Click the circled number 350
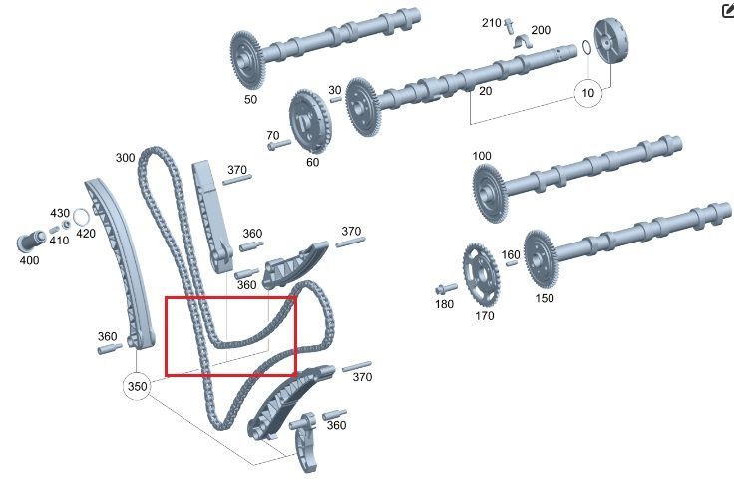click(137, 386)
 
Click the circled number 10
click(588, 93)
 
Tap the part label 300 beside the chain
click(125, 158)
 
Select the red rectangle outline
click(167, 336)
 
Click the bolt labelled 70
click(279, 145)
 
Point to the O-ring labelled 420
click(81, 218)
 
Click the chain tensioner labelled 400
click(31, 242)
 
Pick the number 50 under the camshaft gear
click(250, 99)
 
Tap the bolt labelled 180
click(446, 288)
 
